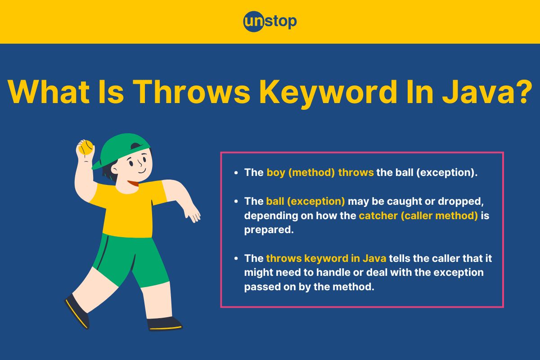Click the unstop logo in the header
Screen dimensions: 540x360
[x=270, y=22]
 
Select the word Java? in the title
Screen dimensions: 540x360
[x=487, y=92]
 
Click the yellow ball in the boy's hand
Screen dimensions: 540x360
[x=86, y=147]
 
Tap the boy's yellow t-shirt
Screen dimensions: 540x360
[x=128, y=207]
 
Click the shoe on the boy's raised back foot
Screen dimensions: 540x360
[x=77, y=311]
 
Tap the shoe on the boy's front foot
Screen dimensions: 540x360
[x=164, y=324]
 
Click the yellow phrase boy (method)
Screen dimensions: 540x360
[x=301, y=173]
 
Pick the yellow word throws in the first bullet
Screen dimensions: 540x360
[x=356, y=172]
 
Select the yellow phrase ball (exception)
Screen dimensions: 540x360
[x=306, y=201]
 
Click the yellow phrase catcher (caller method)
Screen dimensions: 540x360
[x=418, y=216]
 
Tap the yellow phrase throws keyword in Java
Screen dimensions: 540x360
[x=326, y=258]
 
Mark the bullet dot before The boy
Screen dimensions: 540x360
[x=236, y=173]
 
